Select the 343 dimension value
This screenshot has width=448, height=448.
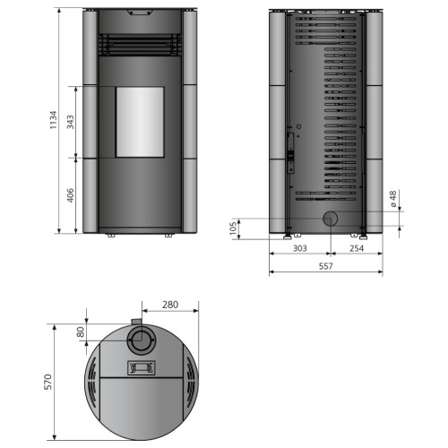point(70,123)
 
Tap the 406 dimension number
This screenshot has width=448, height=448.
point(70,194)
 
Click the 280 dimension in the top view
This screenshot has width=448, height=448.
point(170,305)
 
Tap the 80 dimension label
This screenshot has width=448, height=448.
point(81,331)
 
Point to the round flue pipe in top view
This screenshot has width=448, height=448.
point(140,340)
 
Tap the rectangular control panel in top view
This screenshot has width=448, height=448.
point(140,367)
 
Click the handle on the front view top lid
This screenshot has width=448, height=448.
point(139,13)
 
